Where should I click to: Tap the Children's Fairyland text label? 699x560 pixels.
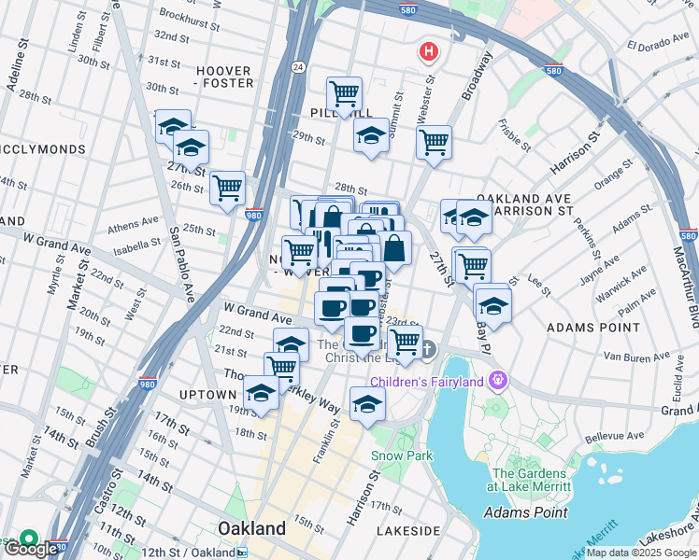[428, 381]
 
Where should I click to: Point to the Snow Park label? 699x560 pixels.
[402, 455]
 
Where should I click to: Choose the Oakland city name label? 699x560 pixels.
[251, 528]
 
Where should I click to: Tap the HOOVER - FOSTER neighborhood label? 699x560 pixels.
[224, 77]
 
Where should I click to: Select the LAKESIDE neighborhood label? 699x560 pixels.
[407, 530]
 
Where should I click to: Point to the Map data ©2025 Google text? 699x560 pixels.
[640, 553]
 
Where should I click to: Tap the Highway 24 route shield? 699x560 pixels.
[297, 66]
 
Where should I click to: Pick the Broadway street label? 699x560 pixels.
[476, 76]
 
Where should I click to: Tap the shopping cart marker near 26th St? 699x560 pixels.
[228, 188]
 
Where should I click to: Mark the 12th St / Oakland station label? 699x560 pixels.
[188, 553]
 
